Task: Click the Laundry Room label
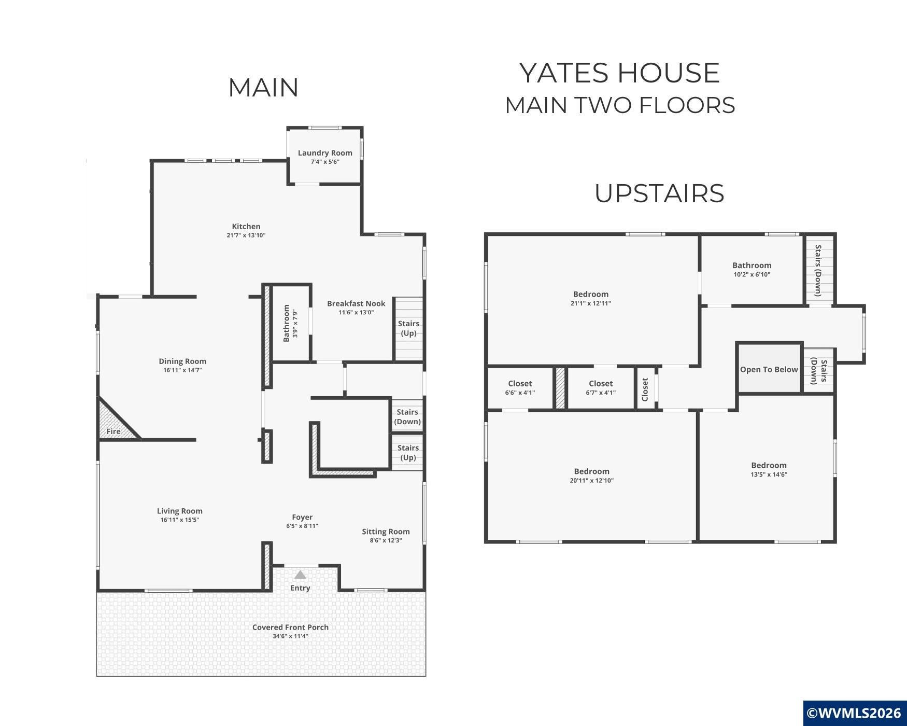tap(325, 153)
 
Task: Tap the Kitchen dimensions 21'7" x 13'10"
tap(246, 235)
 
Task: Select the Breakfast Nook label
tap(356, 303)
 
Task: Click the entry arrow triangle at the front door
tap(300, 575)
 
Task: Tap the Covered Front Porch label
tap(290, 627)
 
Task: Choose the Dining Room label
tap(182, 361)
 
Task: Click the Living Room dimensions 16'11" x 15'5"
tap(180, 520)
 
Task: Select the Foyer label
tap(302, 517)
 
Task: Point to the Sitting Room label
tap(386, 532)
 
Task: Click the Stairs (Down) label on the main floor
tap(407, 416)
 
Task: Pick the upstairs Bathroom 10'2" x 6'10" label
tap(752, 266)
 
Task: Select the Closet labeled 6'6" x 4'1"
tap(520, 388)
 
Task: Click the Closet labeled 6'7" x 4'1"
tap(601, 388)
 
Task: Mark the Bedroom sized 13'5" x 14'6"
tap(769, 469)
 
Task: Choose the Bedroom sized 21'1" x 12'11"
tap(591, 298)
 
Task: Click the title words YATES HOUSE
tap(620, 73)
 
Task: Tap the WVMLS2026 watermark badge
tap(855, 713)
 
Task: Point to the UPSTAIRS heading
tap(659, 193)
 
